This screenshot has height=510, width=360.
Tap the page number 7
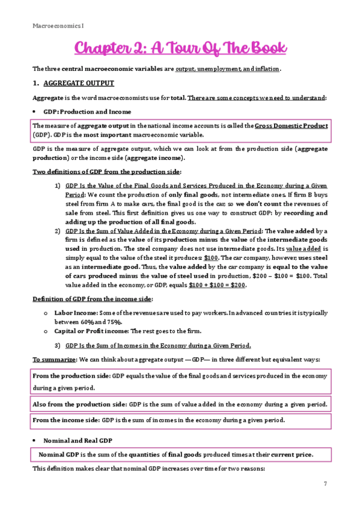tap(325, 483)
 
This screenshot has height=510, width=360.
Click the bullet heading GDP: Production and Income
tap(87, 112)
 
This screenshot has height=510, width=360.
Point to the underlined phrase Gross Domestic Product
tap(291, 126)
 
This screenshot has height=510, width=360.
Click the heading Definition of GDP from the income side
tap(93, 299)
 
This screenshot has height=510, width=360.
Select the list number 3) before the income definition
tap(58, 345)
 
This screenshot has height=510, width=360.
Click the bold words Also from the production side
tap(79, 404)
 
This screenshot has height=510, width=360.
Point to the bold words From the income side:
tap(66, 420)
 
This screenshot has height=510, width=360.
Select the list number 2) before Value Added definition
tap(58, 230)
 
